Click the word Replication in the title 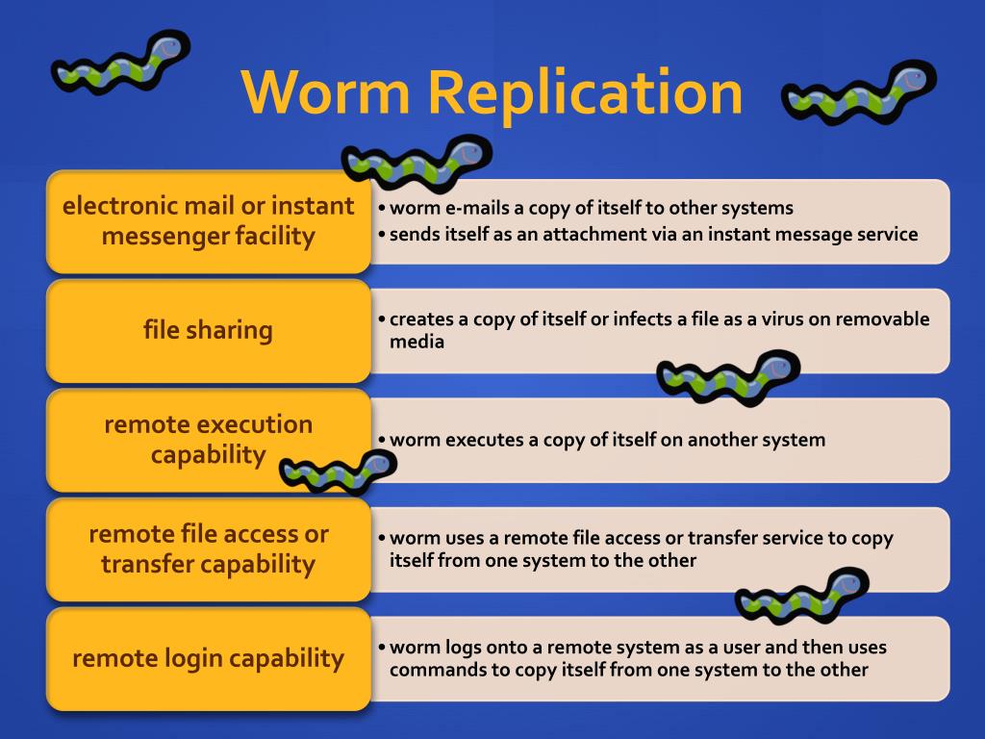click(x=586, y=94)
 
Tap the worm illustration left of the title click(x=120, y=64)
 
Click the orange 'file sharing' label click(x=208, y=330)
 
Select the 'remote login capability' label click(x=208, y=659)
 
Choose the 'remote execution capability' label click(x=208, y=440)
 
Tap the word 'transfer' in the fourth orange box click(x=147, y=564)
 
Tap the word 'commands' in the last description click(x=434, y=670)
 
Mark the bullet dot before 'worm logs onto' click(x=382, y=648)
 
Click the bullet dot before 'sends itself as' click(x=382, y=234)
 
